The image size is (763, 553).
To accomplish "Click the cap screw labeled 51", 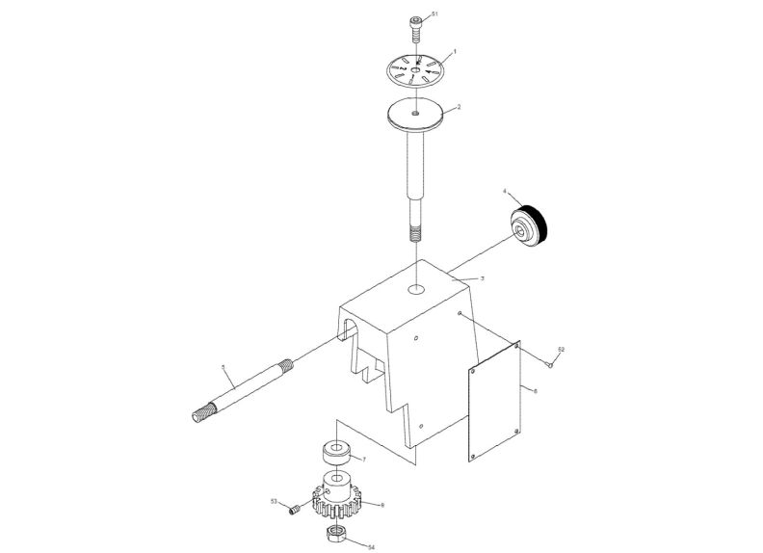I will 416,26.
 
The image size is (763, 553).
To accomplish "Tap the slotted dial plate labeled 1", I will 417,70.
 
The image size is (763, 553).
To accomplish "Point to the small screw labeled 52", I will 548,363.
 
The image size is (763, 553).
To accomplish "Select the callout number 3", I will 482,277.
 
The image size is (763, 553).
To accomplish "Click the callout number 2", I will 459,108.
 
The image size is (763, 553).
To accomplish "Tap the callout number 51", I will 434,14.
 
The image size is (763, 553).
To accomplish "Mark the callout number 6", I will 536,390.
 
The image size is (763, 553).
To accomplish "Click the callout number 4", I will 506,193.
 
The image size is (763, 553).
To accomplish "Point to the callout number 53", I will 274,501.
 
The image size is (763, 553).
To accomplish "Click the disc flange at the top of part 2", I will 416,115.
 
